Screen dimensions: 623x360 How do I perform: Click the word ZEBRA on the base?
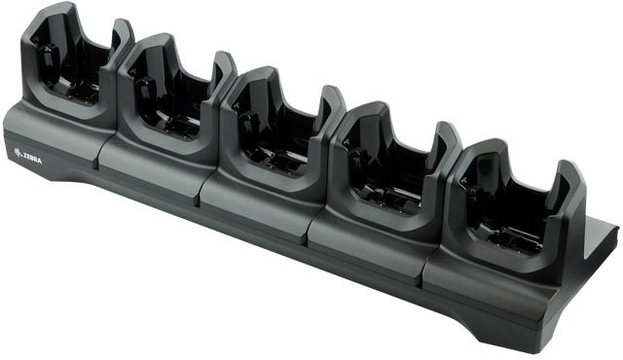[32, 158]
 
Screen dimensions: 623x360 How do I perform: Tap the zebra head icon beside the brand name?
[18, 153]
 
